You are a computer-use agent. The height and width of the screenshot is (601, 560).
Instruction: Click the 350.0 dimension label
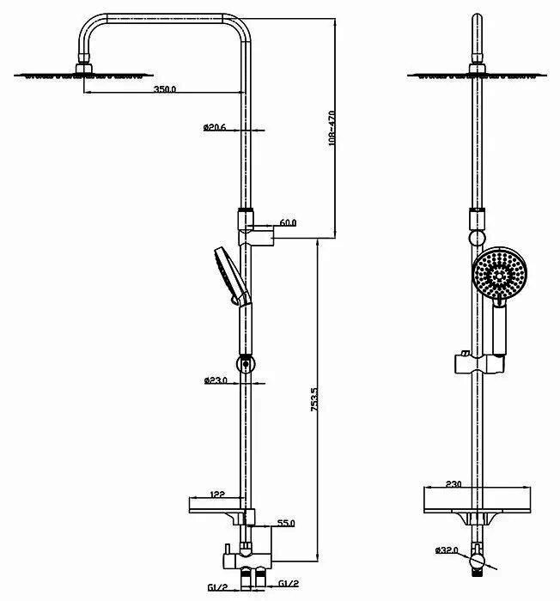[164, 88]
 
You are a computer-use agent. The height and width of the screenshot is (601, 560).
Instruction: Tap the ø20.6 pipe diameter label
[215, 128]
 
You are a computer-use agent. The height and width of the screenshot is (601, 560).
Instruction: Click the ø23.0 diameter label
[215, 380]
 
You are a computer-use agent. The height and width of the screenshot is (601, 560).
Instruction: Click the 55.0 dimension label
[286, 523]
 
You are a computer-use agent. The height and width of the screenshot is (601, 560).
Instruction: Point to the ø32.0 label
[447, 550]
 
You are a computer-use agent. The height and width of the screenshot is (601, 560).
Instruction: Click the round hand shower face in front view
[499, 276]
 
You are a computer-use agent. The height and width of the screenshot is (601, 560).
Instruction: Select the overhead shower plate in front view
[478, 76]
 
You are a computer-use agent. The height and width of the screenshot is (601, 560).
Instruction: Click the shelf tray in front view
[478, 501]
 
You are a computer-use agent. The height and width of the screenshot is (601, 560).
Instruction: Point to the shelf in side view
[215, 506]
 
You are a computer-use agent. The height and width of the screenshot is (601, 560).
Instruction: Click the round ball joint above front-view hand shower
[478, 238]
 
